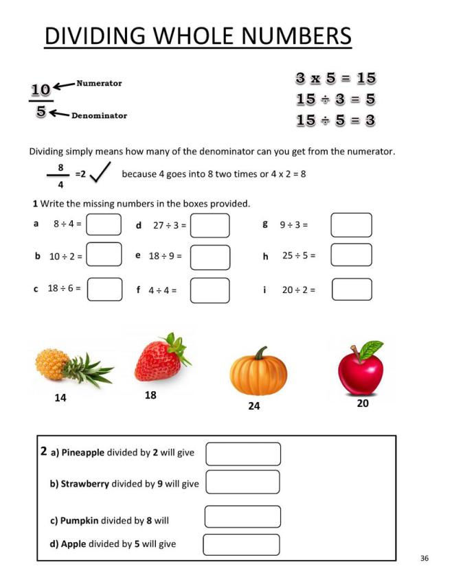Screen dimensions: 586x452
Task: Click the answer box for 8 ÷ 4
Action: [104, 224]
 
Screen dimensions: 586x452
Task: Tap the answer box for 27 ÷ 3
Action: [210, 226]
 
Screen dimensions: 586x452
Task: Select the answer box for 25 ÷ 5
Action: [351, 255]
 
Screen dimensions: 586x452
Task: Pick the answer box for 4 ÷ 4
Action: [210, 290]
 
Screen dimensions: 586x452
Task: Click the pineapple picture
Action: [73, 366]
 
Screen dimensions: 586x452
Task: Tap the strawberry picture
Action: [160, 358]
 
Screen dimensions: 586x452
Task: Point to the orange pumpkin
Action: [258, 375]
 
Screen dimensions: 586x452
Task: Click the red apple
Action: [361, 371]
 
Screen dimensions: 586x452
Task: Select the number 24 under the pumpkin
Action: [254, 406]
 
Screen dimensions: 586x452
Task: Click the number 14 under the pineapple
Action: [60, 398]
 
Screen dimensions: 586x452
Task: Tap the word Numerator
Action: [99, 84]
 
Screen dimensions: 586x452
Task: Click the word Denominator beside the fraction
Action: [99, 115]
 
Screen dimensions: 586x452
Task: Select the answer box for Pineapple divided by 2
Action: [243, 454]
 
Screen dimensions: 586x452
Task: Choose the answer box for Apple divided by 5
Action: [241, 544]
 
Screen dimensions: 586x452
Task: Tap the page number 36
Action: [425, 559]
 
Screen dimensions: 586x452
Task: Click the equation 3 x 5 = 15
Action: [335, 79]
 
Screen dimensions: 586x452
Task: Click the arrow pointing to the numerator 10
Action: [64, 86]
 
